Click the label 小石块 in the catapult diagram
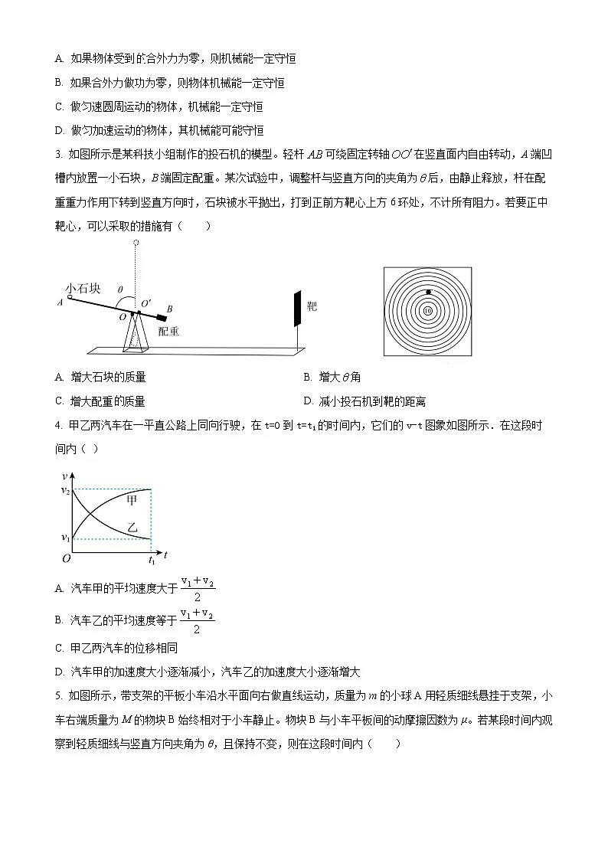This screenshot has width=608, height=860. tap(83, 289)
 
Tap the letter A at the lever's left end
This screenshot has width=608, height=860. tap(60, 302)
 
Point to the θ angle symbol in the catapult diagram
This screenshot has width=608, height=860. tap(119, 290)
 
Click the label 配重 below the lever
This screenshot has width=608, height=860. tap(169, 331)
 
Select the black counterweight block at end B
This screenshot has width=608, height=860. tap(161, 316)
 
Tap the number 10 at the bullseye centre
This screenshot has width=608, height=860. tap(427, 310)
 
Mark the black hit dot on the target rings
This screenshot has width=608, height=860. tap(429, 293)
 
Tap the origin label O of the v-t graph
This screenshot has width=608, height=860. tap(66, 559)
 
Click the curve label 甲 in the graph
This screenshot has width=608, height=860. tap(132, 500)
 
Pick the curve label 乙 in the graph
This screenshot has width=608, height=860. tap(132, 528)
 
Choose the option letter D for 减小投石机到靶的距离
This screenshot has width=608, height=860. tap(308, 401)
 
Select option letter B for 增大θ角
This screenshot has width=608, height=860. tap(307, 377)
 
